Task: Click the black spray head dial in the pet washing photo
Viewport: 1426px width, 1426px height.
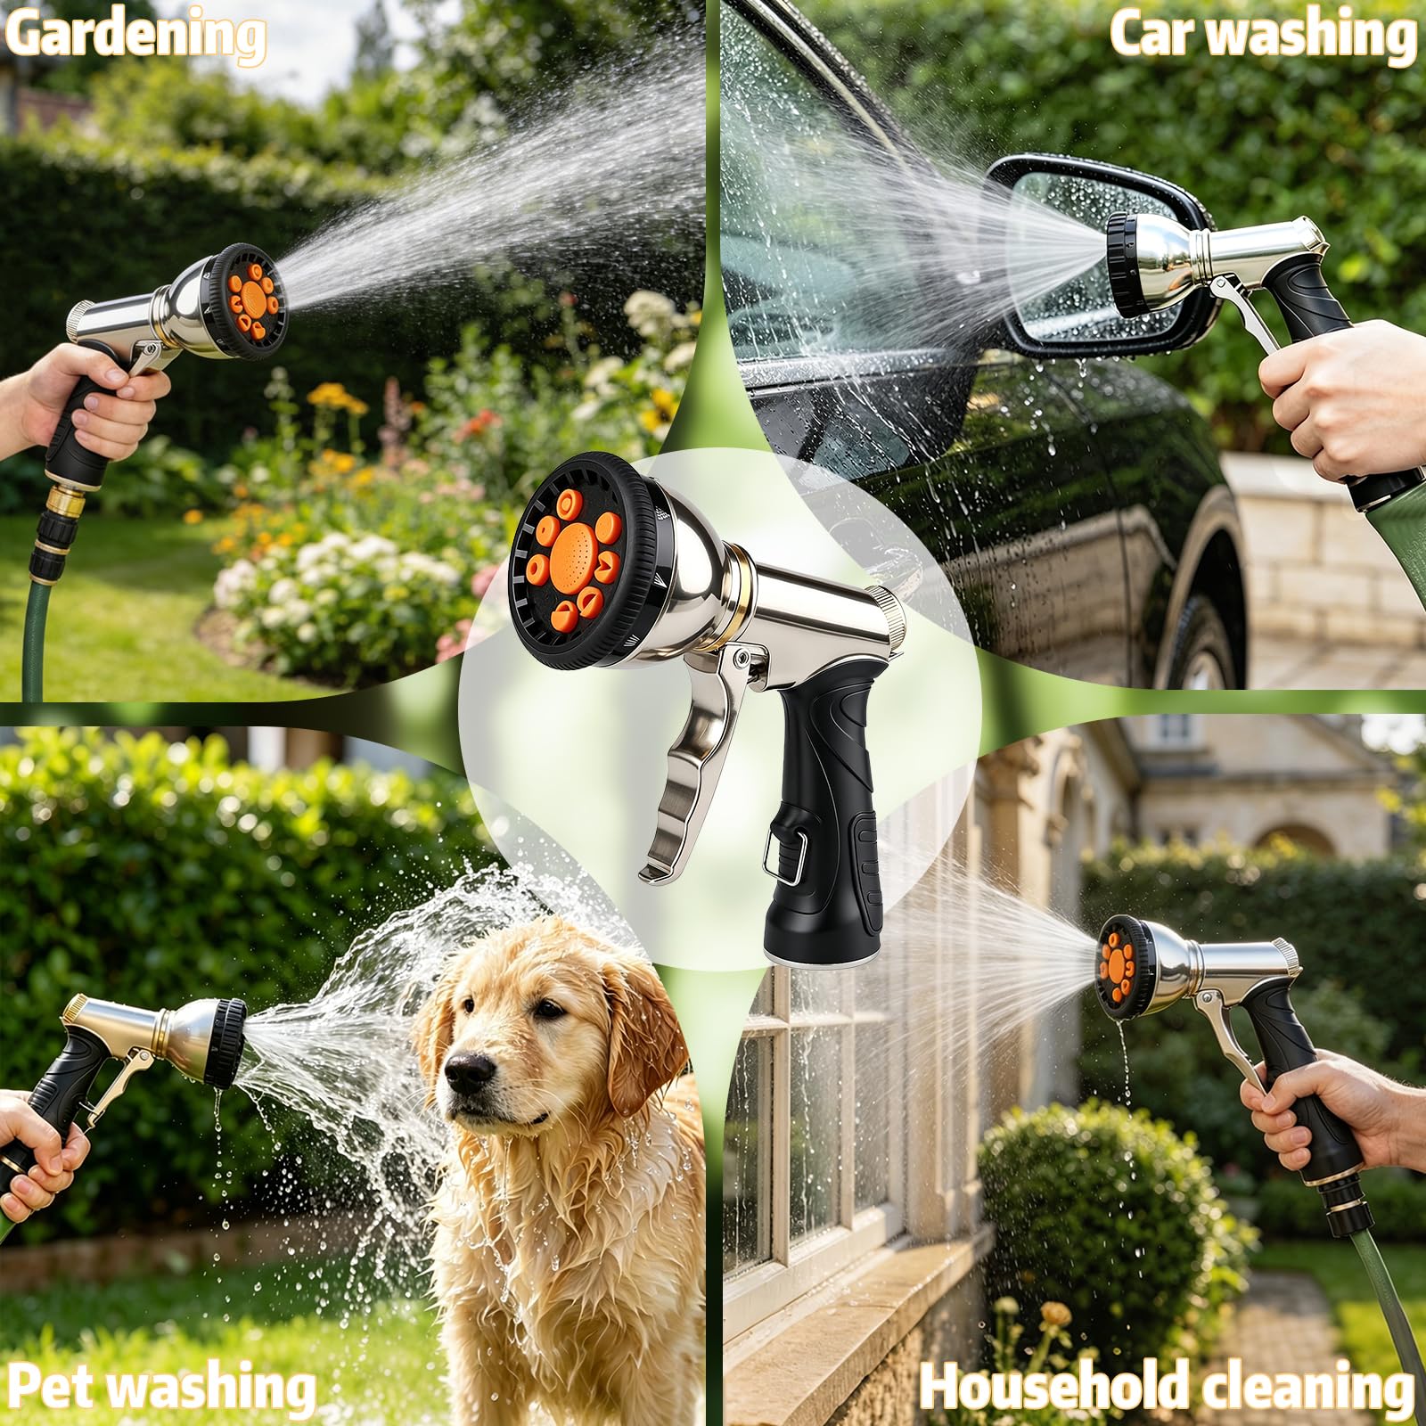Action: tap(226, 1043)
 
